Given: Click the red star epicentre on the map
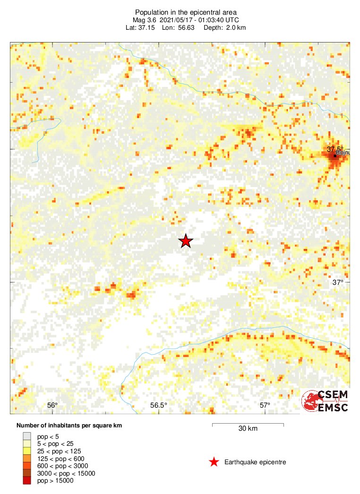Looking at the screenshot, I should tap(186, 241).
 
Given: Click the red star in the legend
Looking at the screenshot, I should tap(214, 462).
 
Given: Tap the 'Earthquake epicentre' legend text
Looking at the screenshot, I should tap(255, 462).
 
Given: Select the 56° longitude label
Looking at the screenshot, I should tap(52, 405).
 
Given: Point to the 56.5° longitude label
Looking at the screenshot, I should tap(159, 405).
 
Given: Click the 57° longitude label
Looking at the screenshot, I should tap(265, 405).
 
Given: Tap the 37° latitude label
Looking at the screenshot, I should tap(337, 282).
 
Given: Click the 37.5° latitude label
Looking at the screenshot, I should tap(335, 149).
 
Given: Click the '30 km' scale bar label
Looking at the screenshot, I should tap(248, 429).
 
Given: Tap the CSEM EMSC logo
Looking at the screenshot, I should tap(326, 401).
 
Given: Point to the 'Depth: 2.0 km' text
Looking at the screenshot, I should tap(224, 27).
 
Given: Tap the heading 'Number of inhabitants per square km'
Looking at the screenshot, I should tap(69, 426).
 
